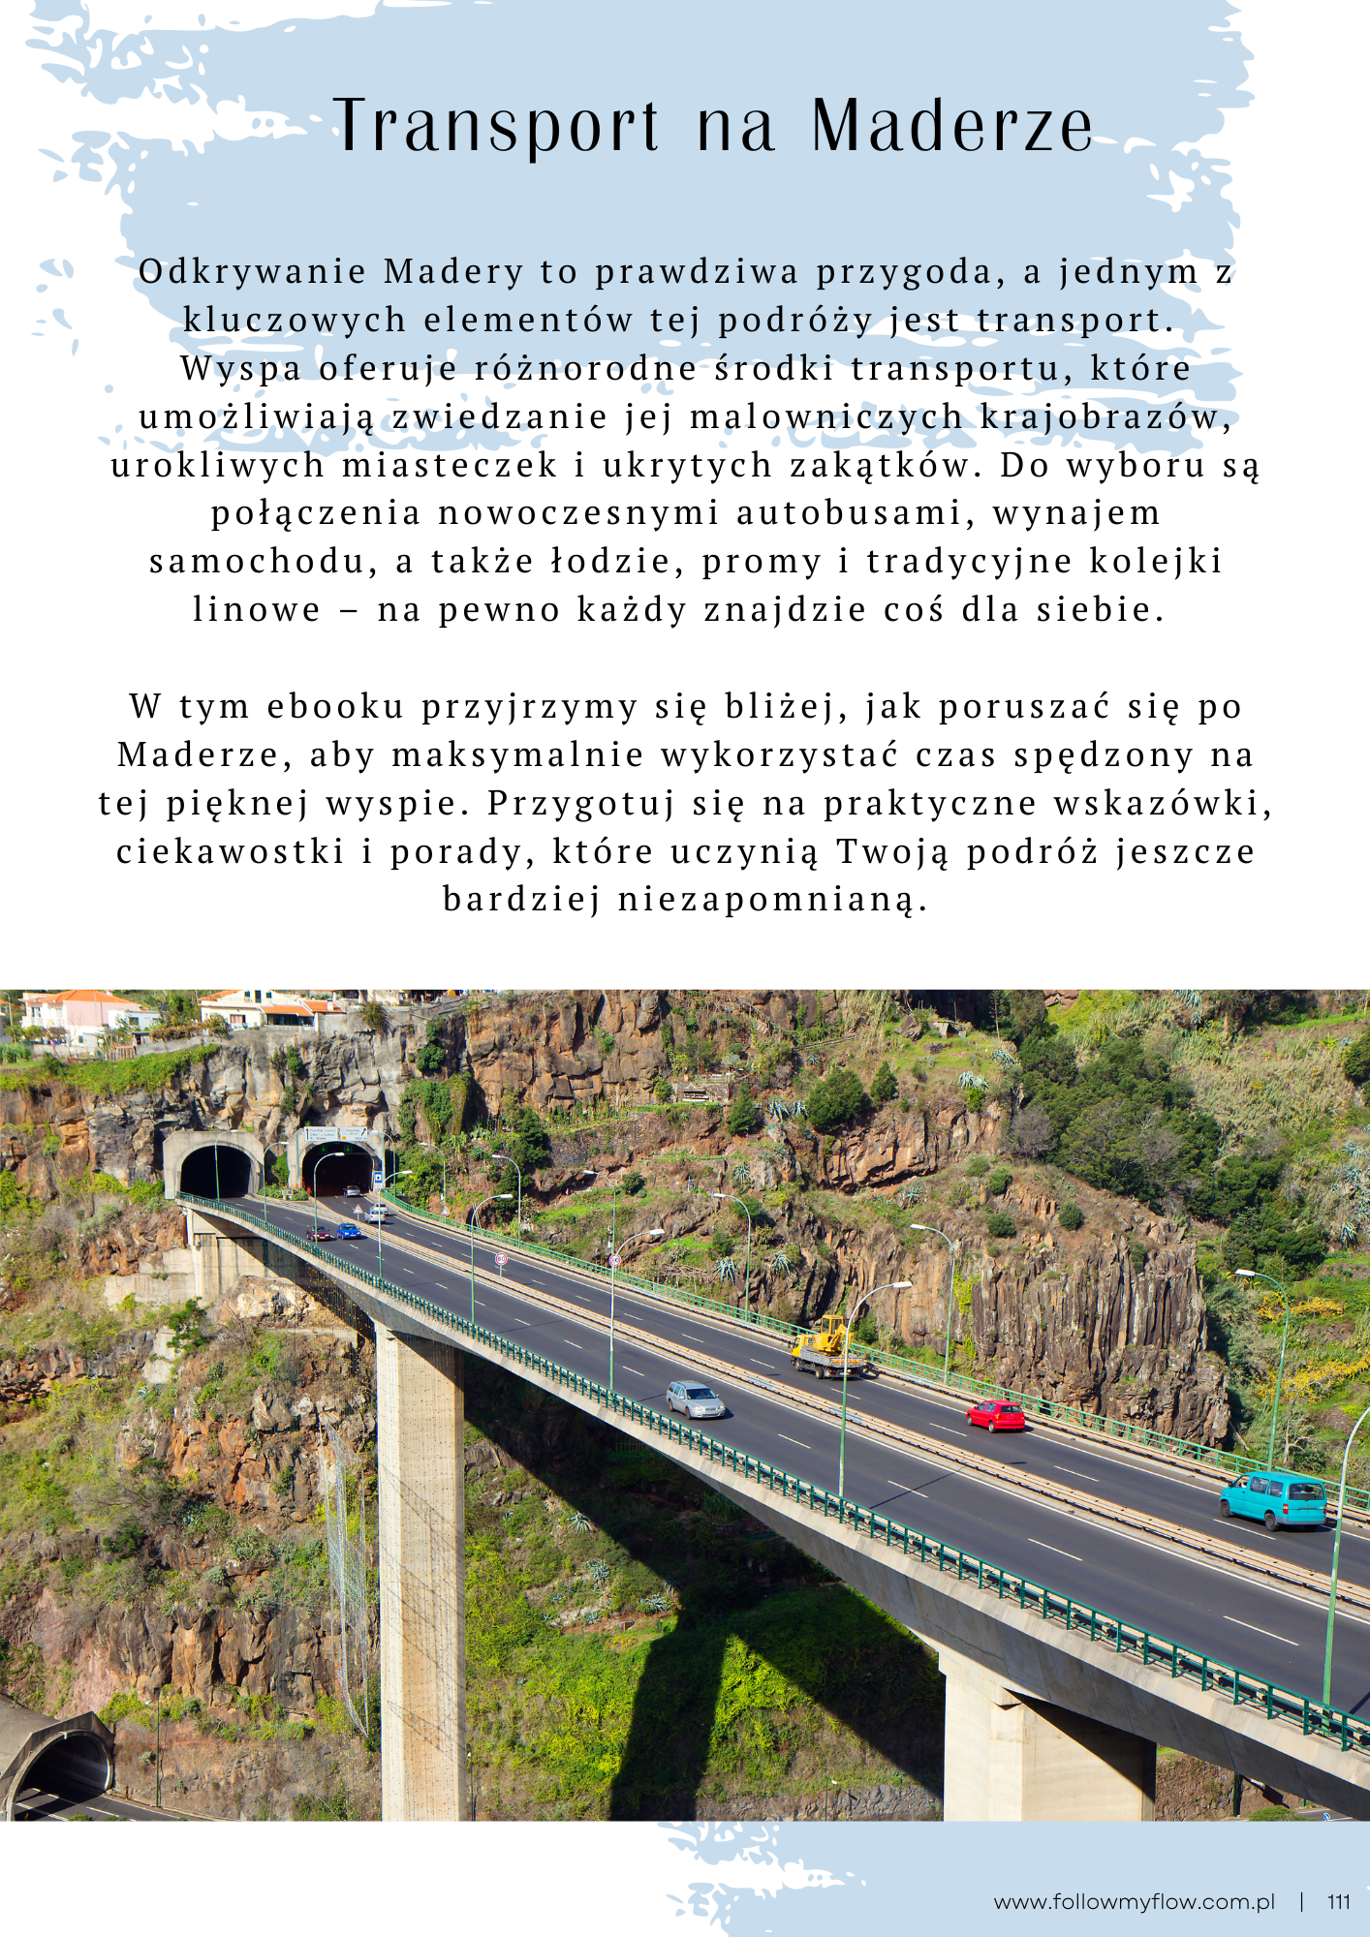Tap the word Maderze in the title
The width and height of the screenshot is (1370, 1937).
click(952, 127)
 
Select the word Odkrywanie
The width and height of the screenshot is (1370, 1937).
click(253, 272)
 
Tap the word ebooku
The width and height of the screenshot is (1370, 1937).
click(335, 707)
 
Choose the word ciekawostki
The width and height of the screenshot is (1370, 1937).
click(231, 852)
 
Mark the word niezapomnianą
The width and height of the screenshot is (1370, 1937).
click(773, 901)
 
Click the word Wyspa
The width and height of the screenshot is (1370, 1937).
click(240, 369)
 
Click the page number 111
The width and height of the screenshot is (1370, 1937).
click(1338, 1902)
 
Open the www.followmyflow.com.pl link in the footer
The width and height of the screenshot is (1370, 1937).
click(1134, 1902)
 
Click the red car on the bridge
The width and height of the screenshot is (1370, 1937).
click(996, 1416)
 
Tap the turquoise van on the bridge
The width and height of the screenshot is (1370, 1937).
click(1273, 1500)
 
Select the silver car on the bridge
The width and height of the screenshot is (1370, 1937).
click(695, 1399)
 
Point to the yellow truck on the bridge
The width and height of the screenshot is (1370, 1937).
click(826, 1347)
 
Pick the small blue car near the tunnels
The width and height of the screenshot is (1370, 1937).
click(348, 1231)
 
